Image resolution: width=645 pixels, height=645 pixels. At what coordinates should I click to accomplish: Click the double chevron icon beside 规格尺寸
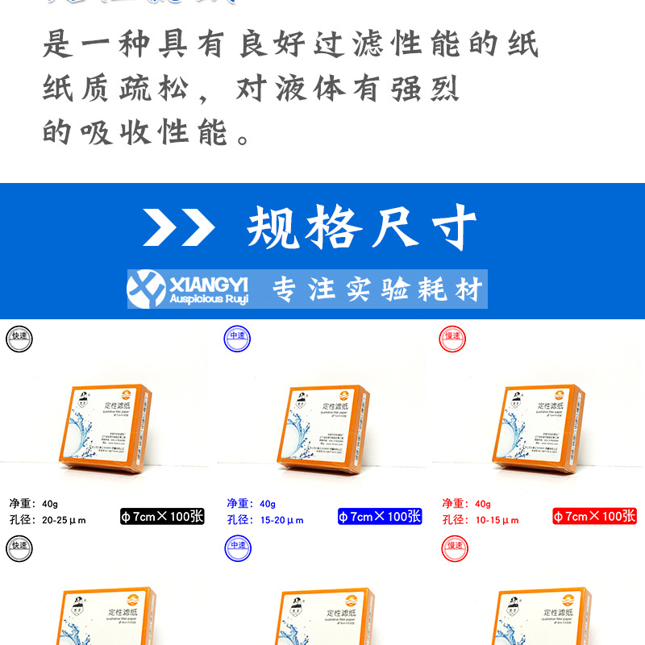pyautogui.click(x=179, y=228)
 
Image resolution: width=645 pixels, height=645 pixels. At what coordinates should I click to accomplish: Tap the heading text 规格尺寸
pyautogui.click(x=362, y=228)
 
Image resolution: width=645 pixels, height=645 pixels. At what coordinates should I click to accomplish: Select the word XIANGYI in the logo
pyautogui.click(x=209, y=282)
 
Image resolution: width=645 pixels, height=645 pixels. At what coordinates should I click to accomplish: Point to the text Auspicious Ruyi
pyautogui.click(x=209, y=299)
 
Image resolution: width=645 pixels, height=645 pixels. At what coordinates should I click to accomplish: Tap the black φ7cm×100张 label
pyautogui.click(x=162, y=516)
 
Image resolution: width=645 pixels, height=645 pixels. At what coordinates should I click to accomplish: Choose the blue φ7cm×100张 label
pyautogui.click(x=380, y=516)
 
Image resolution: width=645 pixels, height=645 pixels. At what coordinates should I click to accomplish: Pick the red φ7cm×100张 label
pyautogui.click(x=594, y=516)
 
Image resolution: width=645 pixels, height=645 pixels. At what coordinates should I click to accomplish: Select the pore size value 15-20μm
pyautogui.click(x=280, y=520)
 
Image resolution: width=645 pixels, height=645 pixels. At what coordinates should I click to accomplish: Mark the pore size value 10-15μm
pyautogui.click(x=495, y=520)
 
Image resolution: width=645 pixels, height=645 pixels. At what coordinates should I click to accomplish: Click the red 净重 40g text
pyautogui.click(x=467, y=504)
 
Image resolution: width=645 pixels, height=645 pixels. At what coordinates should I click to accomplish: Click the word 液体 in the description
pyautogui.click(x=310, y=88)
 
